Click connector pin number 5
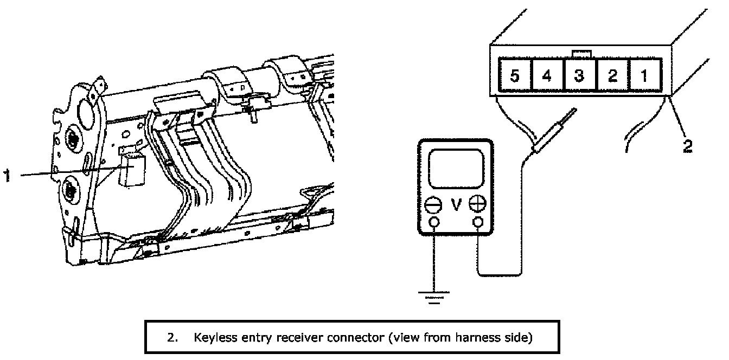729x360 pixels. click(x=515, y=75)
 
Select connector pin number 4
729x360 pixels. click(x=547, y=75)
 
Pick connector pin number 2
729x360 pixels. click(x=612, y=75)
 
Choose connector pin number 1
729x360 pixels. click(x=645, y=75)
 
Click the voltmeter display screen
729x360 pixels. click(x=456, y=169)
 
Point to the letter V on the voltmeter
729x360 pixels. click(x=456, y=204)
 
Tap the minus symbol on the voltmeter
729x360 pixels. click(x=433, y=204)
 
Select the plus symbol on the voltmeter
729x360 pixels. click(x=477, y=203)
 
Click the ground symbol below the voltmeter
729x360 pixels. click(x=434, y=298)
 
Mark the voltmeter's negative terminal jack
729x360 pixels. click(x=434, y=222)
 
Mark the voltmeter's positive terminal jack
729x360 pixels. click(x=477, y=222)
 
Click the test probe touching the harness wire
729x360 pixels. click(x=554, y=131)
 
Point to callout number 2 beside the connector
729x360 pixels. click(x=687, y=146)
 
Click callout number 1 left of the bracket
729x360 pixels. click(x=7, y=175)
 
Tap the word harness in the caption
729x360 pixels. click(x=478, y=337)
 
